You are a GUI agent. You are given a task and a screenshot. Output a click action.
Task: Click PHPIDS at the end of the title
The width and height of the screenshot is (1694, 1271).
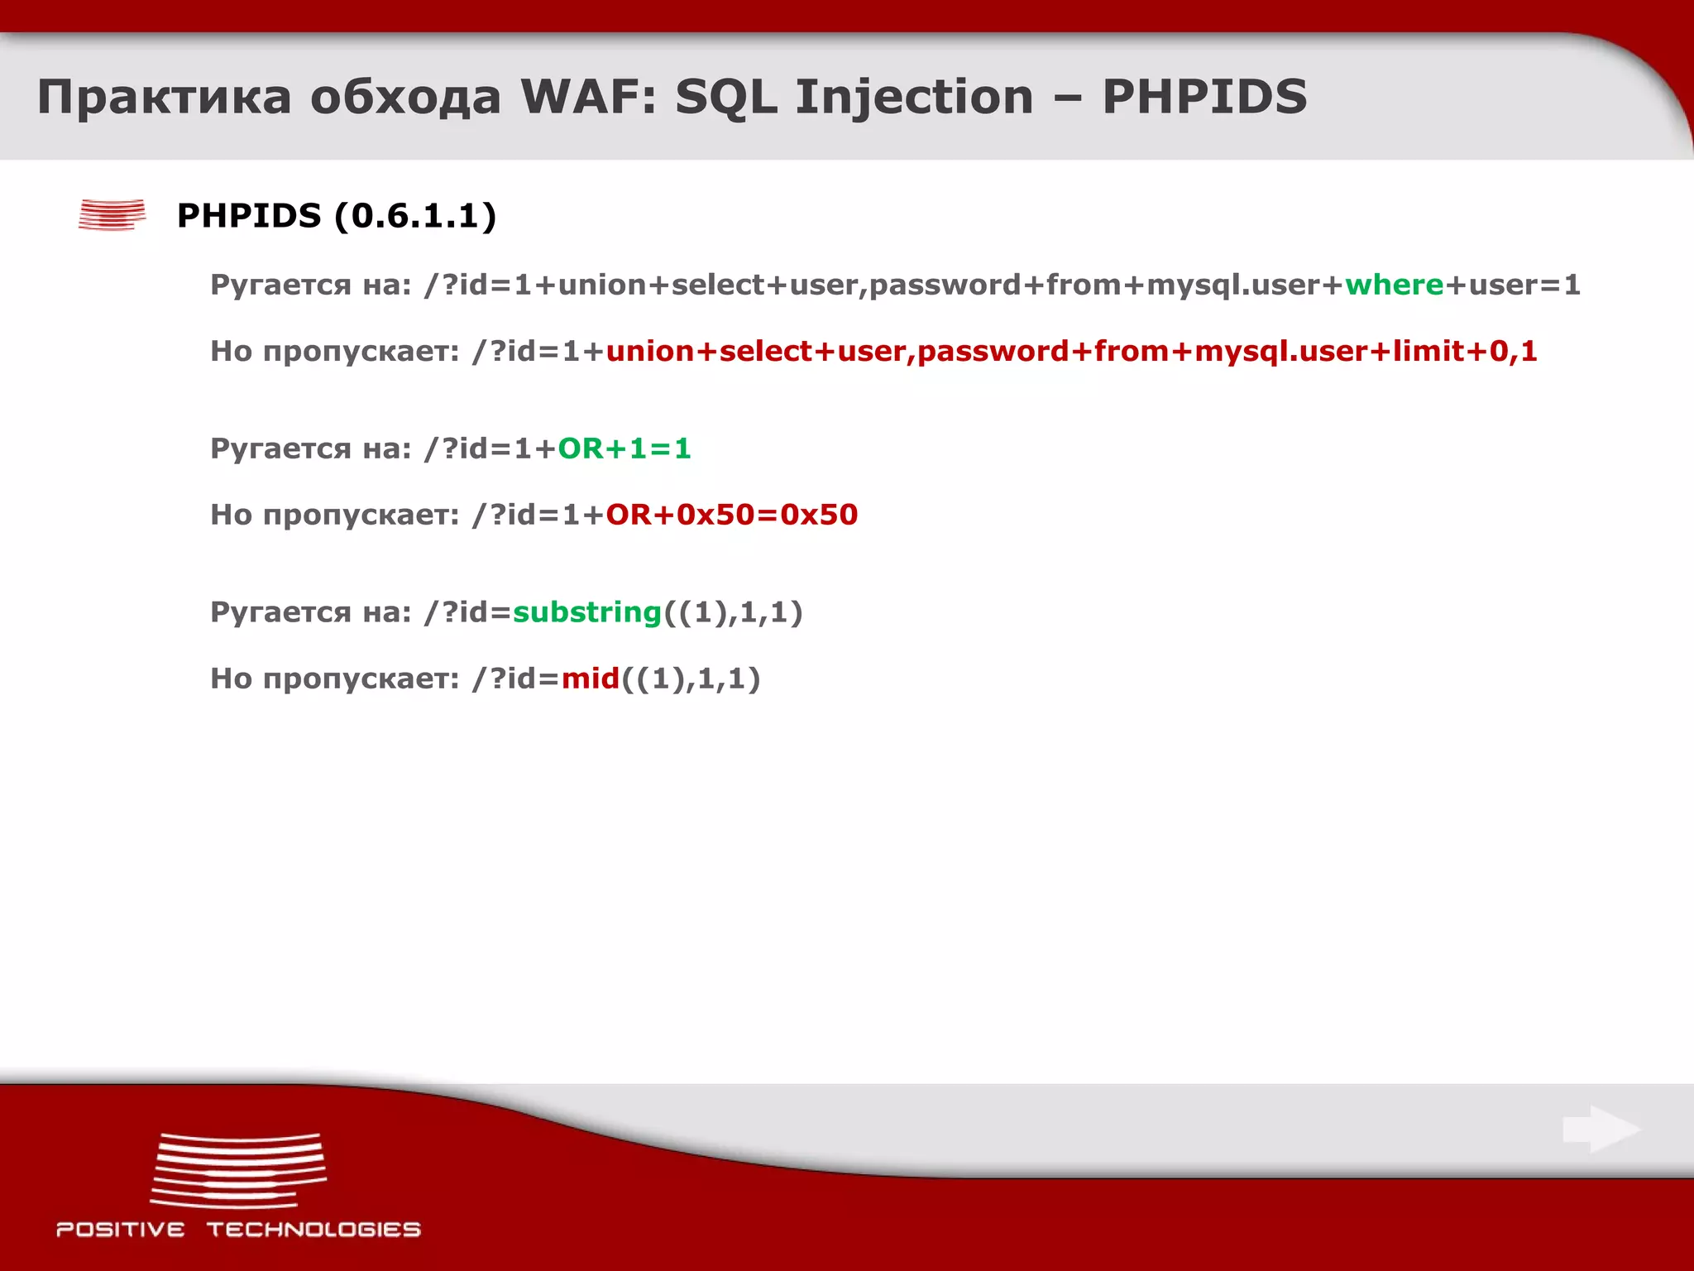tap(1204, 97)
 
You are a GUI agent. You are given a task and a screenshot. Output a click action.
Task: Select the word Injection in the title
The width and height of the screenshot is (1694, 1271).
tap(914, 97)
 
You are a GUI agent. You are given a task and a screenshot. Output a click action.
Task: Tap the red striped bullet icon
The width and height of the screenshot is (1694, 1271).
tap(112, 214)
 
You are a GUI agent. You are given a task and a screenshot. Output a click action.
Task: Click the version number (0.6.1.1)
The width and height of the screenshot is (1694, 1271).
tap(415, 216)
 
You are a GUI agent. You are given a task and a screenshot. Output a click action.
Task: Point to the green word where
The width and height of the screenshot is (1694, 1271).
tap(1394, 285)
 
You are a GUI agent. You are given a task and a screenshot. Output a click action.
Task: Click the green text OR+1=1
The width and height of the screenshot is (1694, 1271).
tap(624, 448)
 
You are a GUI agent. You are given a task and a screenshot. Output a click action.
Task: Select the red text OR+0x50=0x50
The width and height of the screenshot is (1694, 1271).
tap(731, 515)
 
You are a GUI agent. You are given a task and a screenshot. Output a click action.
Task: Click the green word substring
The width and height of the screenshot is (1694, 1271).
tap(587, 612)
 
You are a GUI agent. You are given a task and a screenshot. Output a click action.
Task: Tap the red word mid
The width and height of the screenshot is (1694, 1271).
tap(591, 679)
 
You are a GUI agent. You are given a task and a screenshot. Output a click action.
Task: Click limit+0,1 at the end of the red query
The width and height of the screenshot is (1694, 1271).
tap(1464, 351)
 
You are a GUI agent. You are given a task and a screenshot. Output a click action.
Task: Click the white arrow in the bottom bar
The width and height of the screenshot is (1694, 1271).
tap(1601, 1129)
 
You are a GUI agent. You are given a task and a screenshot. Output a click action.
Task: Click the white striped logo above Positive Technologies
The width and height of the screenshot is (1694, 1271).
tap(238, 1170)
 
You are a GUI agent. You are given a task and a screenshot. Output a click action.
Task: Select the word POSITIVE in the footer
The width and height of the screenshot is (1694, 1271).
tap(121, 1230)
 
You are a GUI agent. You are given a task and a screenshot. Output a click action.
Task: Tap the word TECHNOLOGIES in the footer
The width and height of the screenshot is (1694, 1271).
tap(313, 1230)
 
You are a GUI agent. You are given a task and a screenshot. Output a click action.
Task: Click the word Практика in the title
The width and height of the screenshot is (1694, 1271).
tap(164, 97)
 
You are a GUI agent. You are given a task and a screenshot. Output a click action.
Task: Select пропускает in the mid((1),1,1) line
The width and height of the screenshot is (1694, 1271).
tap(360, 679)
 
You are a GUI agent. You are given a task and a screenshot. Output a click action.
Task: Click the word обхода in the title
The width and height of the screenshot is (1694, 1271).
tap(405, 97)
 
